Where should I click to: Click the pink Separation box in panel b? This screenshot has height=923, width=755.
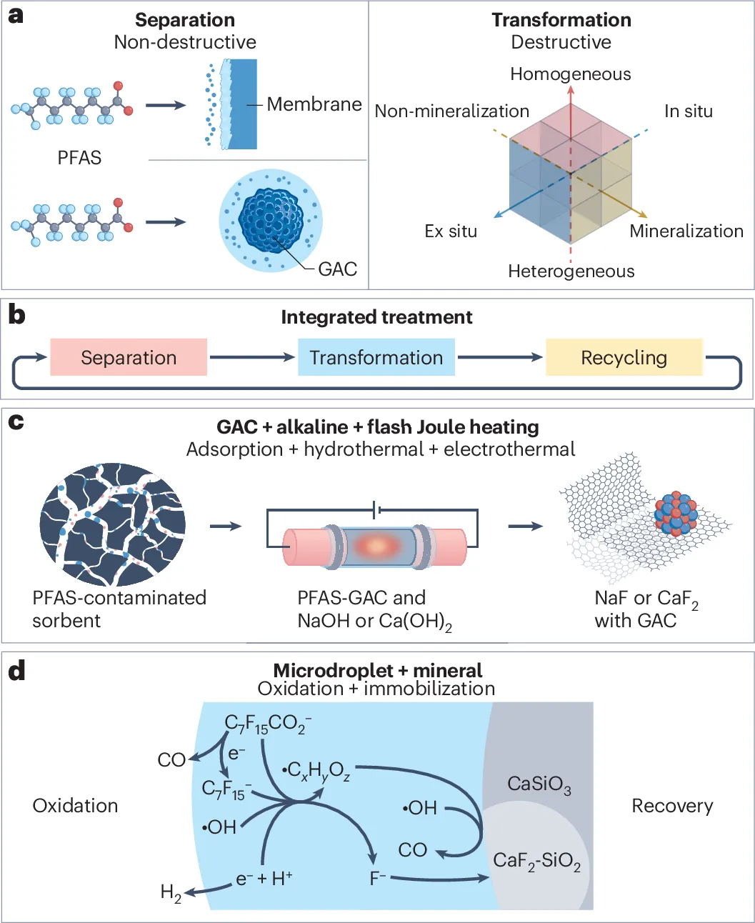click(x=129, y=357)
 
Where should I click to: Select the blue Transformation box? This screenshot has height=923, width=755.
click(x=376, y=357)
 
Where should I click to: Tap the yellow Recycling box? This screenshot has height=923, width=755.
click(x=624, y=357)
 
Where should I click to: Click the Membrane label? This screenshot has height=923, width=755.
click(x=314, y=104)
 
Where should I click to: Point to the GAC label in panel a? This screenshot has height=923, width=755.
click(x=337, y=269)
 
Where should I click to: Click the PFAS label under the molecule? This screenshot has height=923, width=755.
click(x=79, y=157)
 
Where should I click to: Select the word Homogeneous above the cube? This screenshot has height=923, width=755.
click(x=570, y=74)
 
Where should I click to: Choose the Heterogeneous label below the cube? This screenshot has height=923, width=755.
click(x=571, y=271)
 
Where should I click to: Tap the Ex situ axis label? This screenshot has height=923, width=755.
click(x=450, y=231)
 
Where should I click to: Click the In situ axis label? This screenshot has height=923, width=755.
click(x=688, y=111)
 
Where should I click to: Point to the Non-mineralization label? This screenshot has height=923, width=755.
click(x=451, y=111)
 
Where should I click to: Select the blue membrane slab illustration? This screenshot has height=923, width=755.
click(x=241, y=104)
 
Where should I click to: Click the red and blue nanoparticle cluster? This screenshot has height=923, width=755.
click(x=676, y=513)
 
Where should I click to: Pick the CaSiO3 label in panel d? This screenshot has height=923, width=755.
click(x=539, y=784)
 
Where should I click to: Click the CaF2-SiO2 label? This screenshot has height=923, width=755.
click(x=536, y=861)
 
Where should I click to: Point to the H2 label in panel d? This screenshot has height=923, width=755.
click(x=171, y=892)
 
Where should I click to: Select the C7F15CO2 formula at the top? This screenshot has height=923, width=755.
click(x=268, y=724)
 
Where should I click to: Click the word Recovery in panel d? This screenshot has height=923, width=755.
click(x=672, y=806)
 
